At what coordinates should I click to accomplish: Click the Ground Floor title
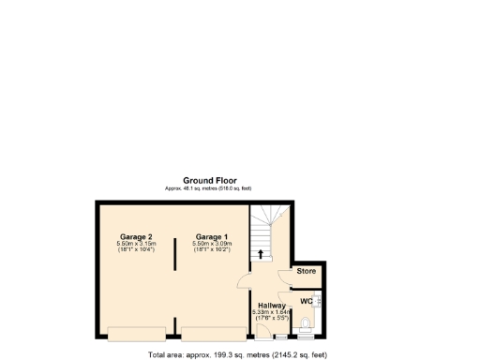tap(209, 180)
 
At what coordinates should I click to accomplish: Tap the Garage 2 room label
tap(137, 236)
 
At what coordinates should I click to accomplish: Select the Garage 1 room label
tap(212, 236)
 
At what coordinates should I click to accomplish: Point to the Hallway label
tap(271, 305)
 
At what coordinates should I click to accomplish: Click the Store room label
tap(307, 272)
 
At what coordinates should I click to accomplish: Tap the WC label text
tap(306, 301)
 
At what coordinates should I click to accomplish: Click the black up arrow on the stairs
tap(261, 253)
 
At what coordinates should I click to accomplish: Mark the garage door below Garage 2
tap(137, 332)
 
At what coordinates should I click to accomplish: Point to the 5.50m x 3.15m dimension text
tap(137, 244)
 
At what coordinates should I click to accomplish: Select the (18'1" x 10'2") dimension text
tap(212, 250)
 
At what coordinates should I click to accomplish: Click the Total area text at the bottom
tap(238, 355)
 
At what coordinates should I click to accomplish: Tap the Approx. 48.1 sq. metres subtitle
tap(209, 188)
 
